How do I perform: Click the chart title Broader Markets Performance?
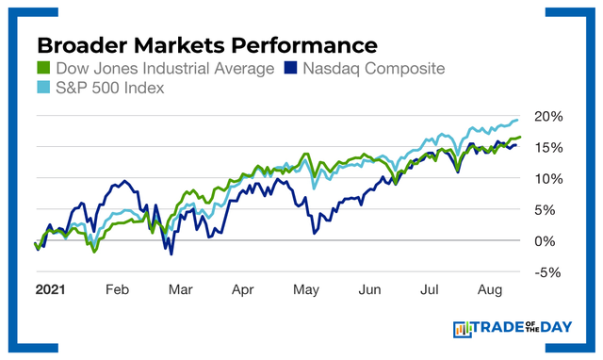tap(206, 45)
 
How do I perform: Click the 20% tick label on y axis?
tap(546, 116)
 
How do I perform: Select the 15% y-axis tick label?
tap(546, 147)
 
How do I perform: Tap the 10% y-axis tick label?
tap(546, 178)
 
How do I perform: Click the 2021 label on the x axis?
tap(49, 290)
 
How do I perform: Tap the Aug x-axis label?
tap(487, 290)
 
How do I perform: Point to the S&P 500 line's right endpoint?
tap(518, 120)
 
